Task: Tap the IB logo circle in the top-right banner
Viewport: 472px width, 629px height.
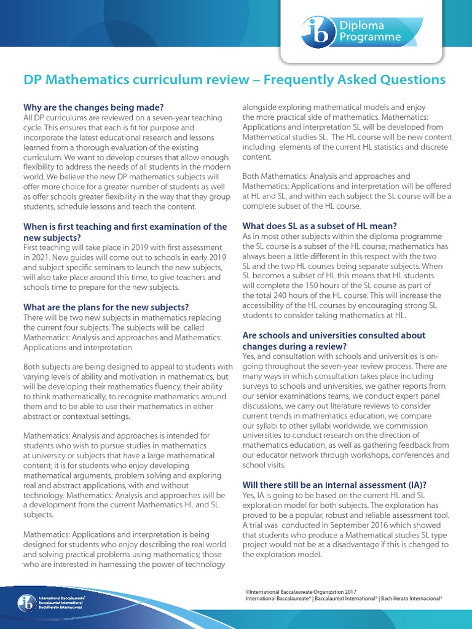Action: pos(315,31)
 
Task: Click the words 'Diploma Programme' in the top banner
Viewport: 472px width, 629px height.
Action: pos(366,31)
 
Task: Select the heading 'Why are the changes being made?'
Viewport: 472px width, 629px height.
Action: pos(93,107)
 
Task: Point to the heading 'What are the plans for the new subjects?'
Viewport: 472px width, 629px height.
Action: pos(106,307)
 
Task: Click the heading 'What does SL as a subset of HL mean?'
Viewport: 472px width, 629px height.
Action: pos(320,225)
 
